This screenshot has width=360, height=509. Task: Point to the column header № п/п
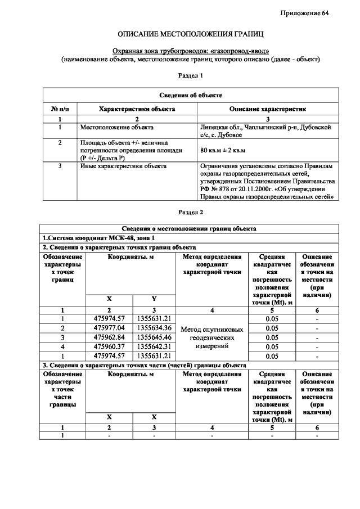pos(60,108)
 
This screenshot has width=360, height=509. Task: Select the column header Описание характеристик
pos(267,108)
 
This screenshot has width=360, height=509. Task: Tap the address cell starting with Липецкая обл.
pos(267,131)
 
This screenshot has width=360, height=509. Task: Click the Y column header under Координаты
pos(154,299)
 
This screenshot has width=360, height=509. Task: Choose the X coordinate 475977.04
pos(109,328)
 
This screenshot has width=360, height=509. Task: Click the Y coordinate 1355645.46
pos(154,337)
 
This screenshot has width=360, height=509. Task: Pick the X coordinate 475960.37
pos(109,346)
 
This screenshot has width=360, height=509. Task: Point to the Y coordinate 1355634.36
pos(154,328)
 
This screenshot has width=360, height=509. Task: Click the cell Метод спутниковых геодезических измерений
pos(212,337)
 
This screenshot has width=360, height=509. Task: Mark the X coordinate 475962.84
pos(109,337)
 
